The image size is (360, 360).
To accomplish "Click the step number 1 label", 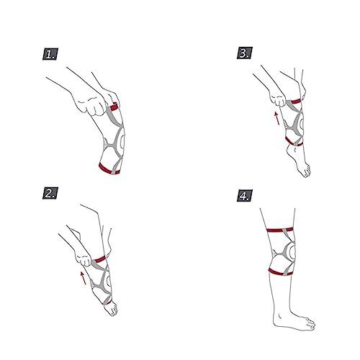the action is click(50, 54).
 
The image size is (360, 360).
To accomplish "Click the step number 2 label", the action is click(50, 193).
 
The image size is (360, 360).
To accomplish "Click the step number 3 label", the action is click(245, 53).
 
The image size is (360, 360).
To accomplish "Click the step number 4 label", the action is click(245, 195).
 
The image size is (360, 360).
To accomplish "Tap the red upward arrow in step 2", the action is click(83, 278).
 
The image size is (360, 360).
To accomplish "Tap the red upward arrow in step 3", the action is click(277, 118).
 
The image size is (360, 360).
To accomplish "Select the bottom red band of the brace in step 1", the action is click(109, 169).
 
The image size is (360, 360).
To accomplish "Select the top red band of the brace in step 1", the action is click(113, 107).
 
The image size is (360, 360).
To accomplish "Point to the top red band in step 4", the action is click(280, 230).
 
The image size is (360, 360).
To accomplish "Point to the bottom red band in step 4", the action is click(279, 272).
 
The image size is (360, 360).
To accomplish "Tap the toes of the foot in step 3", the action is click(306, 171).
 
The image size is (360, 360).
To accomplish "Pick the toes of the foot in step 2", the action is click(112, 309).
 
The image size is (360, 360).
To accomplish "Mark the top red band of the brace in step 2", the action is click(100, 259).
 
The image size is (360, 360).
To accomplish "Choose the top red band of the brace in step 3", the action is click(296, 101).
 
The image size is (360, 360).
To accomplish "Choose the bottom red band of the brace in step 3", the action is click(294, 143).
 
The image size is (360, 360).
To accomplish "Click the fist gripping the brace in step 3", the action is click(279, 99).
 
